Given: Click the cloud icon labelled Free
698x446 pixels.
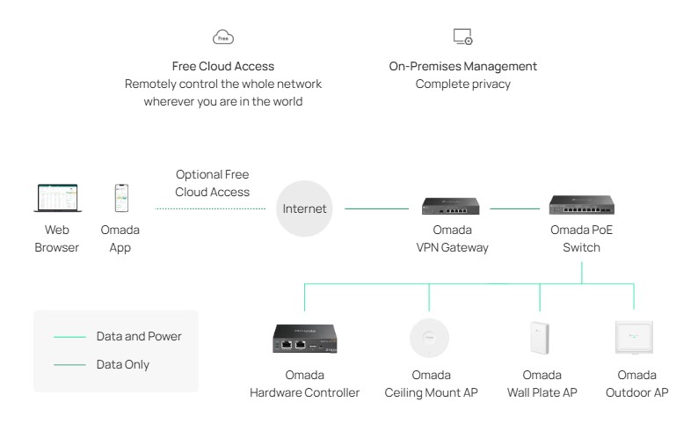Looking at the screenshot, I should (x=224, y=37).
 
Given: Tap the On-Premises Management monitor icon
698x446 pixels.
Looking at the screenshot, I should (x=462, y=37).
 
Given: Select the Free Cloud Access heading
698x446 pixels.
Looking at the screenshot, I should (x=223, y=66).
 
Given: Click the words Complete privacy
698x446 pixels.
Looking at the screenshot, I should (x=462, y=84).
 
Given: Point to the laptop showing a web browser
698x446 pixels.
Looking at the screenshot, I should (x=56, y=199).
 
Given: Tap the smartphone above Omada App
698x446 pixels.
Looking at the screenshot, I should (x=120, y=199).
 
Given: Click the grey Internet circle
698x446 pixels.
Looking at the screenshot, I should (x=304, y=209).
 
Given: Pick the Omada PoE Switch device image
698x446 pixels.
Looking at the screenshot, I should (x=582, y=206).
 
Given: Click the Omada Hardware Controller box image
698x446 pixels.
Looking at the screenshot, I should (x=303, y=338).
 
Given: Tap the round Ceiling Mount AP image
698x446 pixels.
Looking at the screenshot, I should (x=430, y=338).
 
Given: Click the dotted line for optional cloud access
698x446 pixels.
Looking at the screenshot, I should (x=210, y=209).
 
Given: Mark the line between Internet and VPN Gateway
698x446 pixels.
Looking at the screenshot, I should (x=376, y=209).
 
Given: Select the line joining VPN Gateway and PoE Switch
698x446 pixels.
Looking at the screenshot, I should (x=514, y=209).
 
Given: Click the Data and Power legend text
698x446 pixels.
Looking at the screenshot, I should (x=139, y=336).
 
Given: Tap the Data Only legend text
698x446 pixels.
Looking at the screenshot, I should (x=122, y=364).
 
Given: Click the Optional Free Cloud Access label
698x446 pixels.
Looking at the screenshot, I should (x=213, y=183).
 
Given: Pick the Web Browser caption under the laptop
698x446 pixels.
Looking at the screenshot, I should (x=56, y=238).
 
